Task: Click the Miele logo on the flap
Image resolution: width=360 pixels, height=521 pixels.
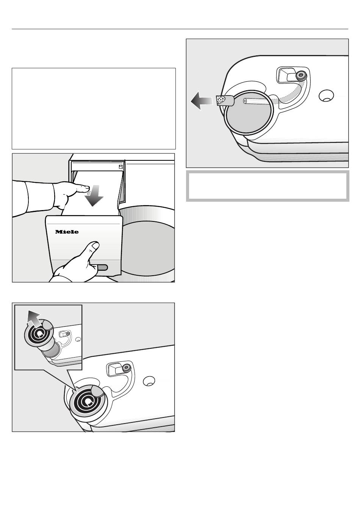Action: click(x=67, y=232)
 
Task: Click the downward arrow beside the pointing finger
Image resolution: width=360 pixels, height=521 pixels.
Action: click(x=94, y=196)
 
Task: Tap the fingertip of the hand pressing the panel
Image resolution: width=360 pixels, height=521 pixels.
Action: click(x=86, y=187)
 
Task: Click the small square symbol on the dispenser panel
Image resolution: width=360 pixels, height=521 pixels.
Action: click(x=121, y=166)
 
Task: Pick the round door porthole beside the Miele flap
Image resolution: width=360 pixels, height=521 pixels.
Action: click(x=149, y=248)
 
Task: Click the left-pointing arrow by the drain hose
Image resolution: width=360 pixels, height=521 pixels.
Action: click(x=202, y=100)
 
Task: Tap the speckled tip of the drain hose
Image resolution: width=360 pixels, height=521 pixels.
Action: click(x=220, y=100)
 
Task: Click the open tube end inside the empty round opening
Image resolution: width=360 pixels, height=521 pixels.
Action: click(x=245, y=101)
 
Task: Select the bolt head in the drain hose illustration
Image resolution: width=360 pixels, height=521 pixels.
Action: click(x=301, y=75)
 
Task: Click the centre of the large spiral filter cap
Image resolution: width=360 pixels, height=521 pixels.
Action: click(x=88, y=402)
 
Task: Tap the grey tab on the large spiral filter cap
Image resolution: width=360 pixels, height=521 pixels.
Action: click(x=97, y=390)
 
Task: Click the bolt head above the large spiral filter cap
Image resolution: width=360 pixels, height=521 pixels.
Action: click(x=126, y=368)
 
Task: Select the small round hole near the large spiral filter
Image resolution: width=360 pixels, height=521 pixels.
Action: click(x=149, y=381)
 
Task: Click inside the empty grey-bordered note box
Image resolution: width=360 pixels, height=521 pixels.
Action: click(x=268, y=186)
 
